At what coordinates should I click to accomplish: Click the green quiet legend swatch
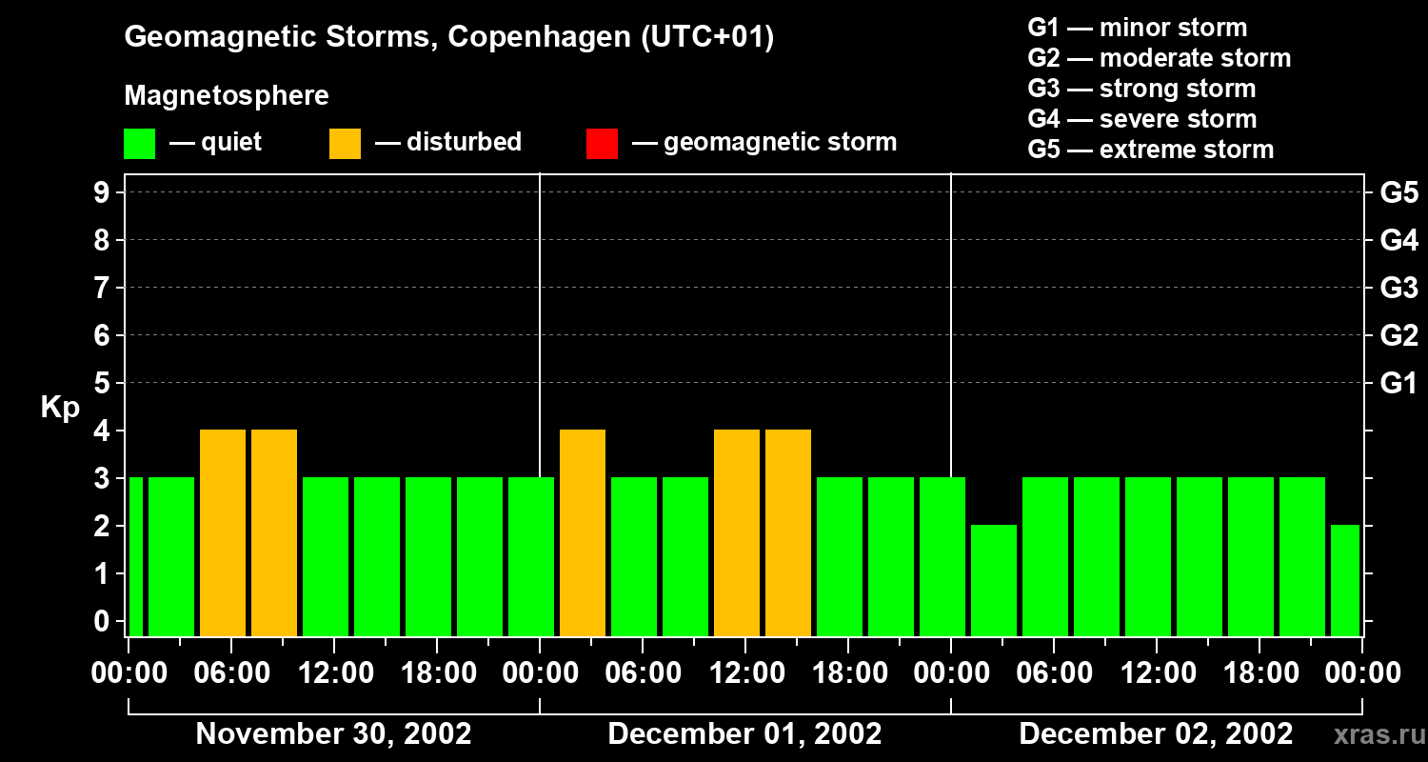139,143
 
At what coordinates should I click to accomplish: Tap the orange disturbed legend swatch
345,143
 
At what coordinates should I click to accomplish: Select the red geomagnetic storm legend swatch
602,143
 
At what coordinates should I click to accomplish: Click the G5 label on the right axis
1398,193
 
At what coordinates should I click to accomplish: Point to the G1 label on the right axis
1398,384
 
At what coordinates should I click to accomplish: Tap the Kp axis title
60,408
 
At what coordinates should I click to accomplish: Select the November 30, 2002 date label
333,734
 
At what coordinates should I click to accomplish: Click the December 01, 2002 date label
744,734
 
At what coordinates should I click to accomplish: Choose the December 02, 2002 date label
1156,734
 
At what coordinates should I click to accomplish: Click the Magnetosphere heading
227,96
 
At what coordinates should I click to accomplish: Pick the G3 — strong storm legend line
1141,89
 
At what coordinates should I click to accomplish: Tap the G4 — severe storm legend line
1141,119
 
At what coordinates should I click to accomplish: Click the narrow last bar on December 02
1345,580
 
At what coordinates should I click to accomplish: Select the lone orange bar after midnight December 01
583,532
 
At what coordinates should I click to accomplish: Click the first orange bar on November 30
223,532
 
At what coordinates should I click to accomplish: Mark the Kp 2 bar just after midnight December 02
994,580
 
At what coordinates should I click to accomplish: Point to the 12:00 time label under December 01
744,673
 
